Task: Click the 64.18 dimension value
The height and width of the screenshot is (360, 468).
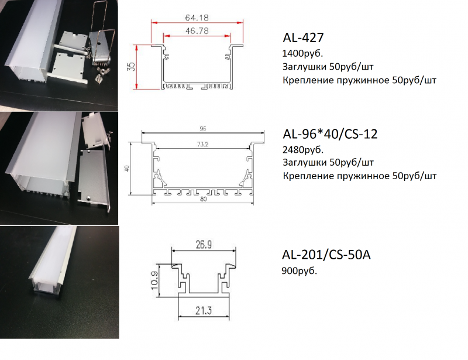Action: click(x=197, y=18)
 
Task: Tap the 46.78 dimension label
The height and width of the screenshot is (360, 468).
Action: click(x=197, y=31)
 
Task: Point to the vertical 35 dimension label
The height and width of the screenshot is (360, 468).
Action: click(x=131, y=66)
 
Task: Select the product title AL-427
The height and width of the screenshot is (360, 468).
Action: click(x=303, y=37)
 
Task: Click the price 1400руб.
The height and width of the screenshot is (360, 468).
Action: click(x=302, y=54)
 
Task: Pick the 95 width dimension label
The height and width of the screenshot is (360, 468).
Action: click(x=203, y=129)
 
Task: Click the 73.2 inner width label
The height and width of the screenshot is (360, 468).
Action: click(x=202, y=145)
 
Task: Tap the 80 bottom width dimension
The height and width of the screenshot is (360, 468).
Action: click(x=203, y=199)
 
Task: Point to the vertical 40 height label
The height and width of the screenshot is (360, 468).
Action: click(x=127, y=169)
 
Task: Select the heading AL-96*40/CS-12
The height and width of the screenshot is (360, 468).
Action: click(x=330, y=134)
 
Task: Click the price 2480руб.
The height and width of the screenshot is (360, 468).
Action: click(x=303, y=150)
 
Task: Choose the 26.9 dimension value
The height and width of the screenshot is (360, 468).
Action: click(x=204, y=245)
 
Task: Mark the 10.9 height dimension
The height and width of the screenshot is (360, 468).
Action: click(x=154, y=280)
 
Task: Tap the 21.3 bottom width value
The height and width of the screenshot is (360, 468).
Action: click(x=204, y=311)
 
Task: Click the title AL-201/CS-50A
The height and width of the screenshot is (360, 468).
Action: click(x=326, y=255)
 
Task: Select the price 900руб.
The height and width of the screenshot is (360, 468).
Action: click(x=300, y=271)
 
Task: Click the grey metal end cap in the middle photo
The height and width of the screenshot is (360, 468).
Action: click(x=93, y=178)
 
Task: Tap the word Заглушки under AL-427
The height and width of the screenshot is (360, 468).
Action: click(x=304, y=67)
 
